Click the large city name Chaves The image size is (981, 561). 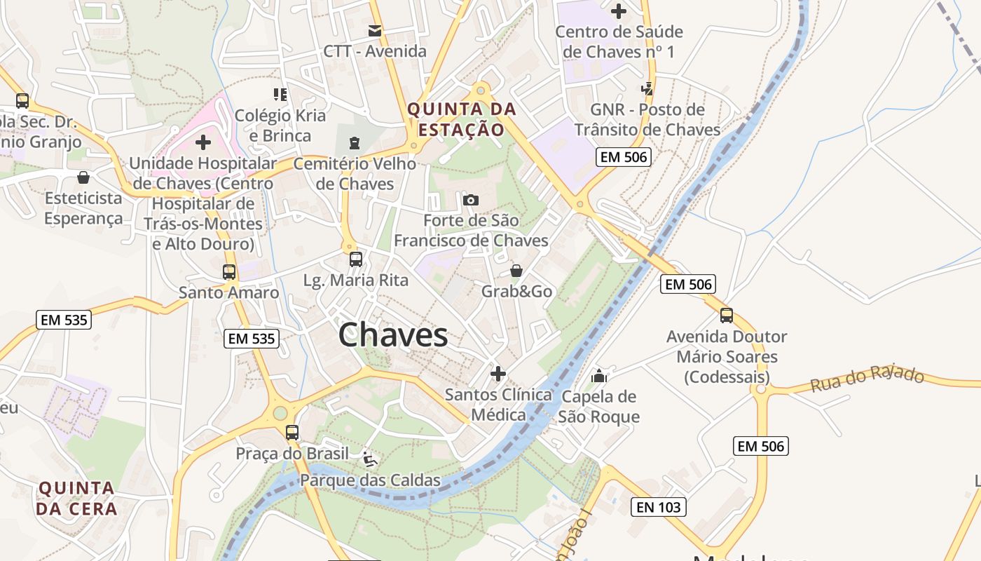coord(393,335)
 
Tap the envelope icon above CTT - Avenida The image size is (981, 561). coord(375,31)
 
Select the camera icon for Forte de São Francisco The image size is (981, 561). coord(471,201)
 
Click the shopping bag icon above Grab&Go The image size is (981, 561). coord(516,271)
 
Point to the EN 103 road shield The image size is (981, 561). coord(658,507)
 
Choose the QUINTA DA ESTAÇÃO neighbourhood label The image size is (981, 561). coord(462,119)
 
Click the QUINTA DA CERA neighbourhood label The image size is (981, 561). coord(76,498)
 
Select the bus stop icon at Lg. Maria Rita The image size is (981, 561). coord(356,259)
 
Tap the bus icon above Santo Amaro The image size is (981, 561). coord(229,272)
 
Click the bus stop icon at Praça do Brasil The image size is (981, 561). coord(292,433)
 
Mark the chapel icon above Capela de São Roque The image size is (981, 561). coord(598,376)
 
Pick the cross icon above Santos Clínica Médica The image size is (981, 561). coord(498,374)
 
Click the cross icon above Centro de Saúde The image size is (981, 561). coord(619,11)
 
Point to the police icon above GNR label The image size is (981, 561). coord(647,89)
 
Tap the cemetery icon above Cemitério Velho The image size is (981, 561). coord(355,143)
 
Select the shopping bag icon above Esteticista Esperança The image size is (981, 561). coord(83,177)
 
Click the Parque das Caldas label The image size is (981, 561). coord(370,480)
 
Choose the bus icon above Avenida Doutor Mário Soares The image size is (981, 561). coord(727,316)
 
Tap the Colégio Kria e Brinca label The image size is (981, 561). coord(280,125)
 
